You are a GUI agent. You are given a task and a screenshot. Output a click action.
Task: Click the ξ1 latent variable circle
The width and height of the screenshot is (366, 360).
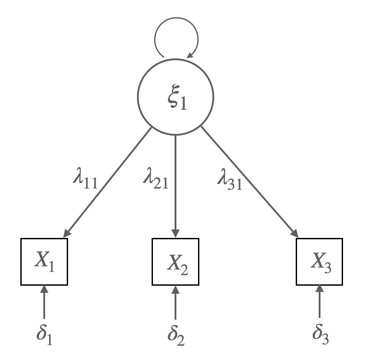(176, 98)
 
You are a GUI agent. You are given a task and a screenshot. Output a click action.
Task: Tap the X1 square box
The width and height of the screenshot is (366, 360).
(44, 262)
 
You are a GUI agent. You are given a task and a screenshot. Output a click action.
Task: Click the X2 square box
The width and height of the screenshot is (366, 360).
(176, 262)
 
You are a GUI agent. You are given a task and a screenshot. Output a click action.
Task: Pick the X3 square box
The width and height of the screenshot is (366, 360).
(319, 262)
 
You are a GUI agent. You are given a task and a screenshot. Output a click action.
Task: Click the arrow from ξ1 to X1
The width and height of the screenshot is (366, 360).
(108, 181)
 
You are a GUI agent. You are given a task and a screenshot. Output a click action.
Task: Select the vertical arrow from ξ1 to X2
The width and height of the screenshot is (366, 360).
(176, 186)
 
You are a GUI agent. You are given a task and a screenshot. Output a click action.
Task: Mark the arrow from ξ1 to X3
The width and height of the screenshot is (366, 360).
(248, 181)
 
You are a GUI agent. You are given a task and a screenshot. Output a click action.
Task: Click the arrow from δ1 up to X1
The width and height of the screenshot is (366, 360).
(44, 303)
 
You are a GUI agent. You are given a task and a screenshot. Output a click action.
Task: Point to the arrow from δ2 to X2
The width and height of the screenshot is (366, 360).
(176, 303)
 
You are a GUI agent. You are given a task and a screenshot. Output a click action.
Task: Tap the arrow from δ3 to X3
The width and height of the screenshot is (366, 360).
(319, 303)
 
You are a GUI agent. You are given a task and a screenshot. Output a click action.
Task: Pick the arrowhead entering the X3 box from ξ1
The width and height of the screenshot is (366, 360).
(294, 234)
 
